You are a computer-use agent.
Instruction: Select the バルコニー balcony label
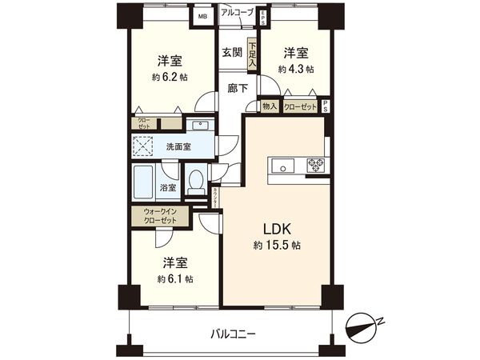click(234, 333)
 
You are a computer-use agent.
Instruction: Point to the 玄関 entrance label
click(232, 53)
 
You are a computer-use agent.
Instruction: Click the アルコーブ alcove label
click(237, 12)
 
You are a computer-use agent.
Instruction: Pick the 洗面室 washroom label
click(177, 147)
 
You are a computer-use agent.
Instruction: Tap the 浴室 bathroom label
click(168, 188)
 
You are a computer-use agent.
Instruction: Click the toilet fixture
click(195, 182)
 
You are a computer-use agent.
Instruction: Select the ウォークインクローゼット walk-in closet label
click(160, 216)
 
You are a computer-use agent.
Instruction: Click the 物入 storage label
click(269, 106)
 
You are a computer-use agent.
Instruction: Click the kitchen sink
click(282, 166)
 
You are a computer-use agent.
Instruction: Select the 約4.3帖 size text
click(296, 70)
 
